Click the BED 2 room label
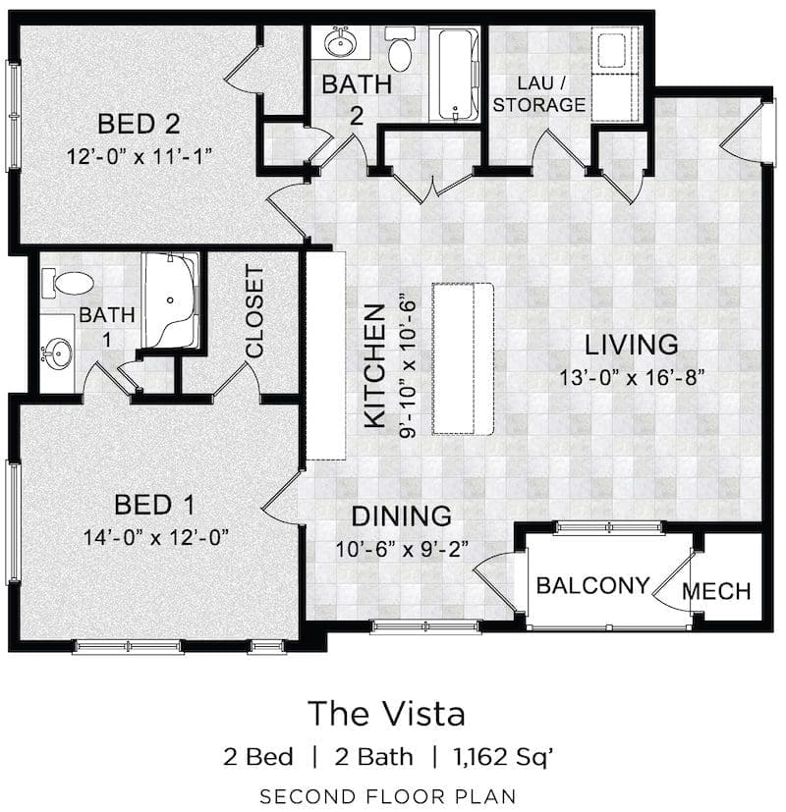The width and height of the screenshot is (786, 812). [139, 125]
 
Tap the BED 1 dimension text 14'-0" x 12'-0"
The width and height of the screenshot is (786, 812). [156, 537]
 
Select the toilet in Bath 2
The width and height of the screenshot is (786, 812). [400, 49]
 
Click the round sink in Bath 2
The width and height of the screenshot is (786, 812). [340, 42]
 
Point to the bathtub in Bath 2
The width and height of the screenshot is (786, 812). [454, 75]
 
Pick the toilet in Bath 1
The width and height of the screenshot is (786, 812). [68, 283]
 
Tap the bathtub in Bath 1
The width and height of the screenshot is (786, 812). [171, 300]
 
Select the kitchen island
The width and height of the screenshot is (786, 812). [463, 359]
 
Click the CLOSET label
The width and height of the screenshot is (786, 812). [254, 312]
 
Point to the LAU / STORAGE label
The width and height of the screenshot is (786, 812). [538, 94]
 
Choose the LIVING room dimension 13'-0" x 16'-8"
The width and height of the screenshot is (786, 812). [632, 377]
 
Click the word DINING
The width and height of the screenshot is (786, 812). [402, 516]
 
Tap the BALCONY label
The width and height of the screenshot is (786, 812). [592, 586]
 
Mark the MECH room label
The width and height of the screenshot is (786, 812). [716, 591]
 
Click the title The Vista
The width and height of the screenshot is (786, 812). [386, 713]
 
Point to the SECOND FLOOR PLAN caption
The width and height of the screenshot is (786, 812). [387, 796]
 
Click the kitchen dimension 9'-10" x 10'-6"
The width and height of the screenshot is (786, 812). [408, 366]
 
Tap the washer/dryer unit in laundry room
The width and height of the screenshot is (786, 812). [615, 74]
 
